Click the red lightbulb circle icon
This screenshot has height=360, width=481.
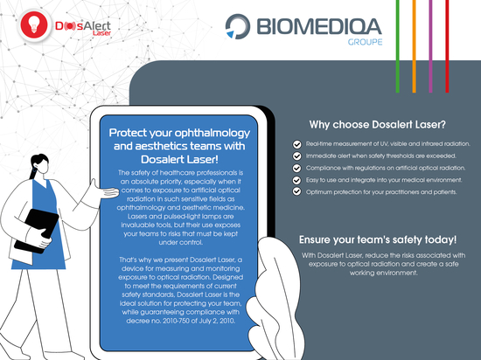pos(34,25)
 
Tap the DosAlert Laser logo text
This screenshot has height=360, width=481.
pos(83,28)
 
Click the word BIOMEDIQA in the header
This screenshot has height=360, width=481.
pos(319,26)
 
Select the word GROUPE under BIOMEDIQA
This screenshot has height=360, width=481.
pos(365,42)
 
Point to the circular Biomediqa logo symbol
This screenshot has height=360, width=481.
pos(238,26)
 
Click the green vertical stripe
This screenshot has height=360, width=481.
pos(398,46)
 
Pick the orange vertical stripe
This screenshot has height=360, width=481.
pos(415,46)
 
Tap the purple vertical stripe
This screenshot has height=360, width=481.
pos(430,46)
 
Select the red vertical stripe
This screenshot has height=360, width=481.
pos(447,46)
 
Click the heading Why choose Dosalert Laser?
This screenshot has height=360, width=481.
pos(377,125)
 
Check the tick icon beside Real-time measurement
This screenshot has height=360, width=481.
pos(296,144)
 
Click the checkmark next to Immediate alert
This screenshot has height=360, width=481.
pos(296,156)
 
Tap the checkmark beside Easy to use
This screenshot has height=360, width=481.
pos(296,180)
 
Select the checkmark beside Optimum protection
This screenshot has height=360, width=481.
pos(296,191)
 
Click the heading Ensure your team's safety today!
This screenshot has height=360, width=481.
pos(378,239)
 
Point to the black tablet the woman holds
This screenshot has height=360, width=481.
pos(37,231)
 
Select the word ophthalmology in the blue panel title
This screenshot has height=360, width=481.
pos(213,134)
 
